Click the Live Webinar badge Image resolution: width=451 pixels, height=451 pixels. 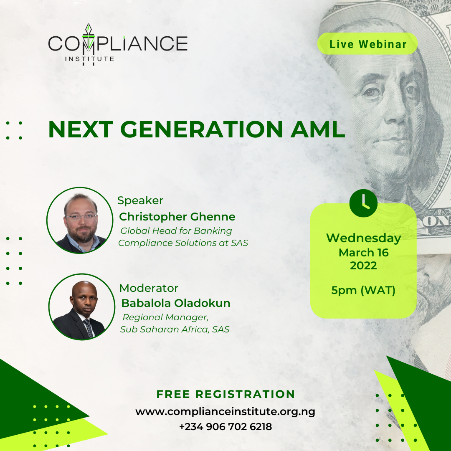pyautogui.click(x=367, y=44)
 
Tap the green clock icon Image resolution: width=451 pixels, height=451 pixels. pyautogui.click(x=363, y=203)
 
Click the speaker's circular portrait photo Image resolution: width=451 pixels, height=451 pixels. pyautogui.click(x=80, y=220)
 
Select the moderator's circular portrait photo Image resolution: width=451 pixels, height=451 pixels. pyautogui.click(x=82, y=307)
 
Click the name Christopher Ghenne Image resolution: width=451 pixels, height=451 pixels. pyautogui.click(x=177, y=217)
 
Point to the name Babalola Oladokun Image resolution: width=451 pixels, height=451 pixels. pyautogui.click(x=176, y=303)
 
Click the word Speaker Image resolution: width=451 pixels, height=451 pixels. pyautogui.click(x=140, y=200)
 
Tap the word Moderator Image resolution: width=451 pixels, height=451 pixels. pyautogui.click(x=149, y=288)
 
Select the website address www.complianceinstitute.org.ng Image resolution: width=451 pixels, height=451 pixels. pyautogui.click(x=225, y=412)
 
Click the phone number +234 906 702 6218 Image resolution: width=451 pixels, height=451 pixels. pyautogui.click(x=225, y=426)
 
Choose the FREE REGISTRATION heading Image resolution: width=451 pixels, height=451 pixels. pyautogui.click(x=226, y=394)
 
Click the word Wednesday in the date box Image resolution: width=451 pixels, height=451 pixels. pyautogui.click(x=364, y=238)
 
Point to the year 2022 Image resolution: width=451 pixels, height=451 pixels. pyautogui.click(x=363, y=266)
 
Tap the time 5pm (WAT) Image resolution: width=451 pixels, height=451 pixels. pyautogui.click(x=363, y=290)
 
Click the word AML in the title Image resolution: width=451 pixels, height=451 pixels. pyautogui.click(x=317, y=129)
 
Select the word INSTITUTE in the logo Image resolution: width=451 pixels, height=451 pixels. pyautogui.click(x=89, y=59)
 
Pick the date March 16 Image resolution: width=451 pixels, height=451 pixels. pyautogui.click(x=364, y=253)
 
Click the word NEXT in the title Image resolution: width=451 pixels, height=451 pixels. pyautogui.click(x=81, y=129)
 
